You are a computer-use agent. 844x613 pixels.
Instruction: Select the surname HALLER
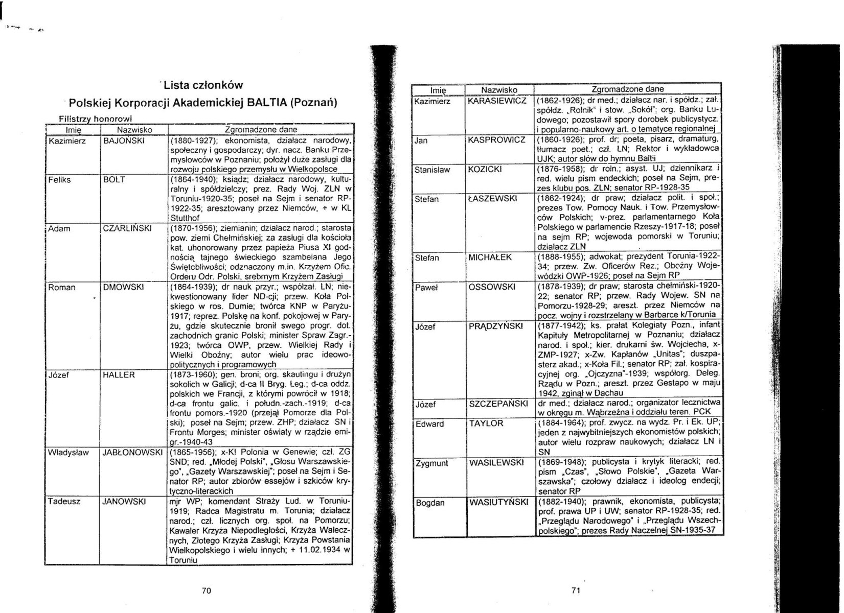[119, 375]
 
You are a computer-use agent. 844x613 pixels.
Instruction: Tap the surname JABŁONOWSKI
[132, 453]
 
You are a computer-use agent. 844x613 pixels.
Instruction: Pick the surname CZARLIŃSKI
[127, 228]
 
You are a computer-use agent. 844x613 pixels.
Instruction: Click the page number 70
[207, 591]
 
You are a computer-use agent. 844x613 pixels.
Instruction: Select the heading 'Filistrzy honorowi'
[95, 119]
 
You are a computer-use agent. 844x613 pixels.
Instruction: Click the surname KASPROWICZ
[496, 140]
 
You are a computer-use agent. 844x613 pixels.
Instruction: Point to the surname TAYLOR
[486, 423]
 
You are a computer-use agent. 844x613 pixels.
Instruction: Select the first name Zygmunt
[431, 463]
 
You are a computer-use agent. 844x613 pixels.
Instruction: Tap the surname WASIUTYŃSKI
[498, 503]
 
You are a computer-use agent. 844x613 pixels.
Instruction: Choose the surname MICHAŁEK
[490, 257]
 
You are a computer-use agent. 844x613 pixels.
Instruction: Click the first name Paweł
[427, 287]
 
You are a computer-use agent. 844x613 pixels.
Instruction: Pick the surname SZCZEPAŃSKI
[498, 404]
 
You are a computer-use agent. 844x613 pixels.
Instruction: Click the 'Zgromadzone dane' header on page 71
[627, 89]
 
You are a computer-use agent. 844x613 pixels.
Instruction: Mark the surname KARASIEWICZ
[497, 101]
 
